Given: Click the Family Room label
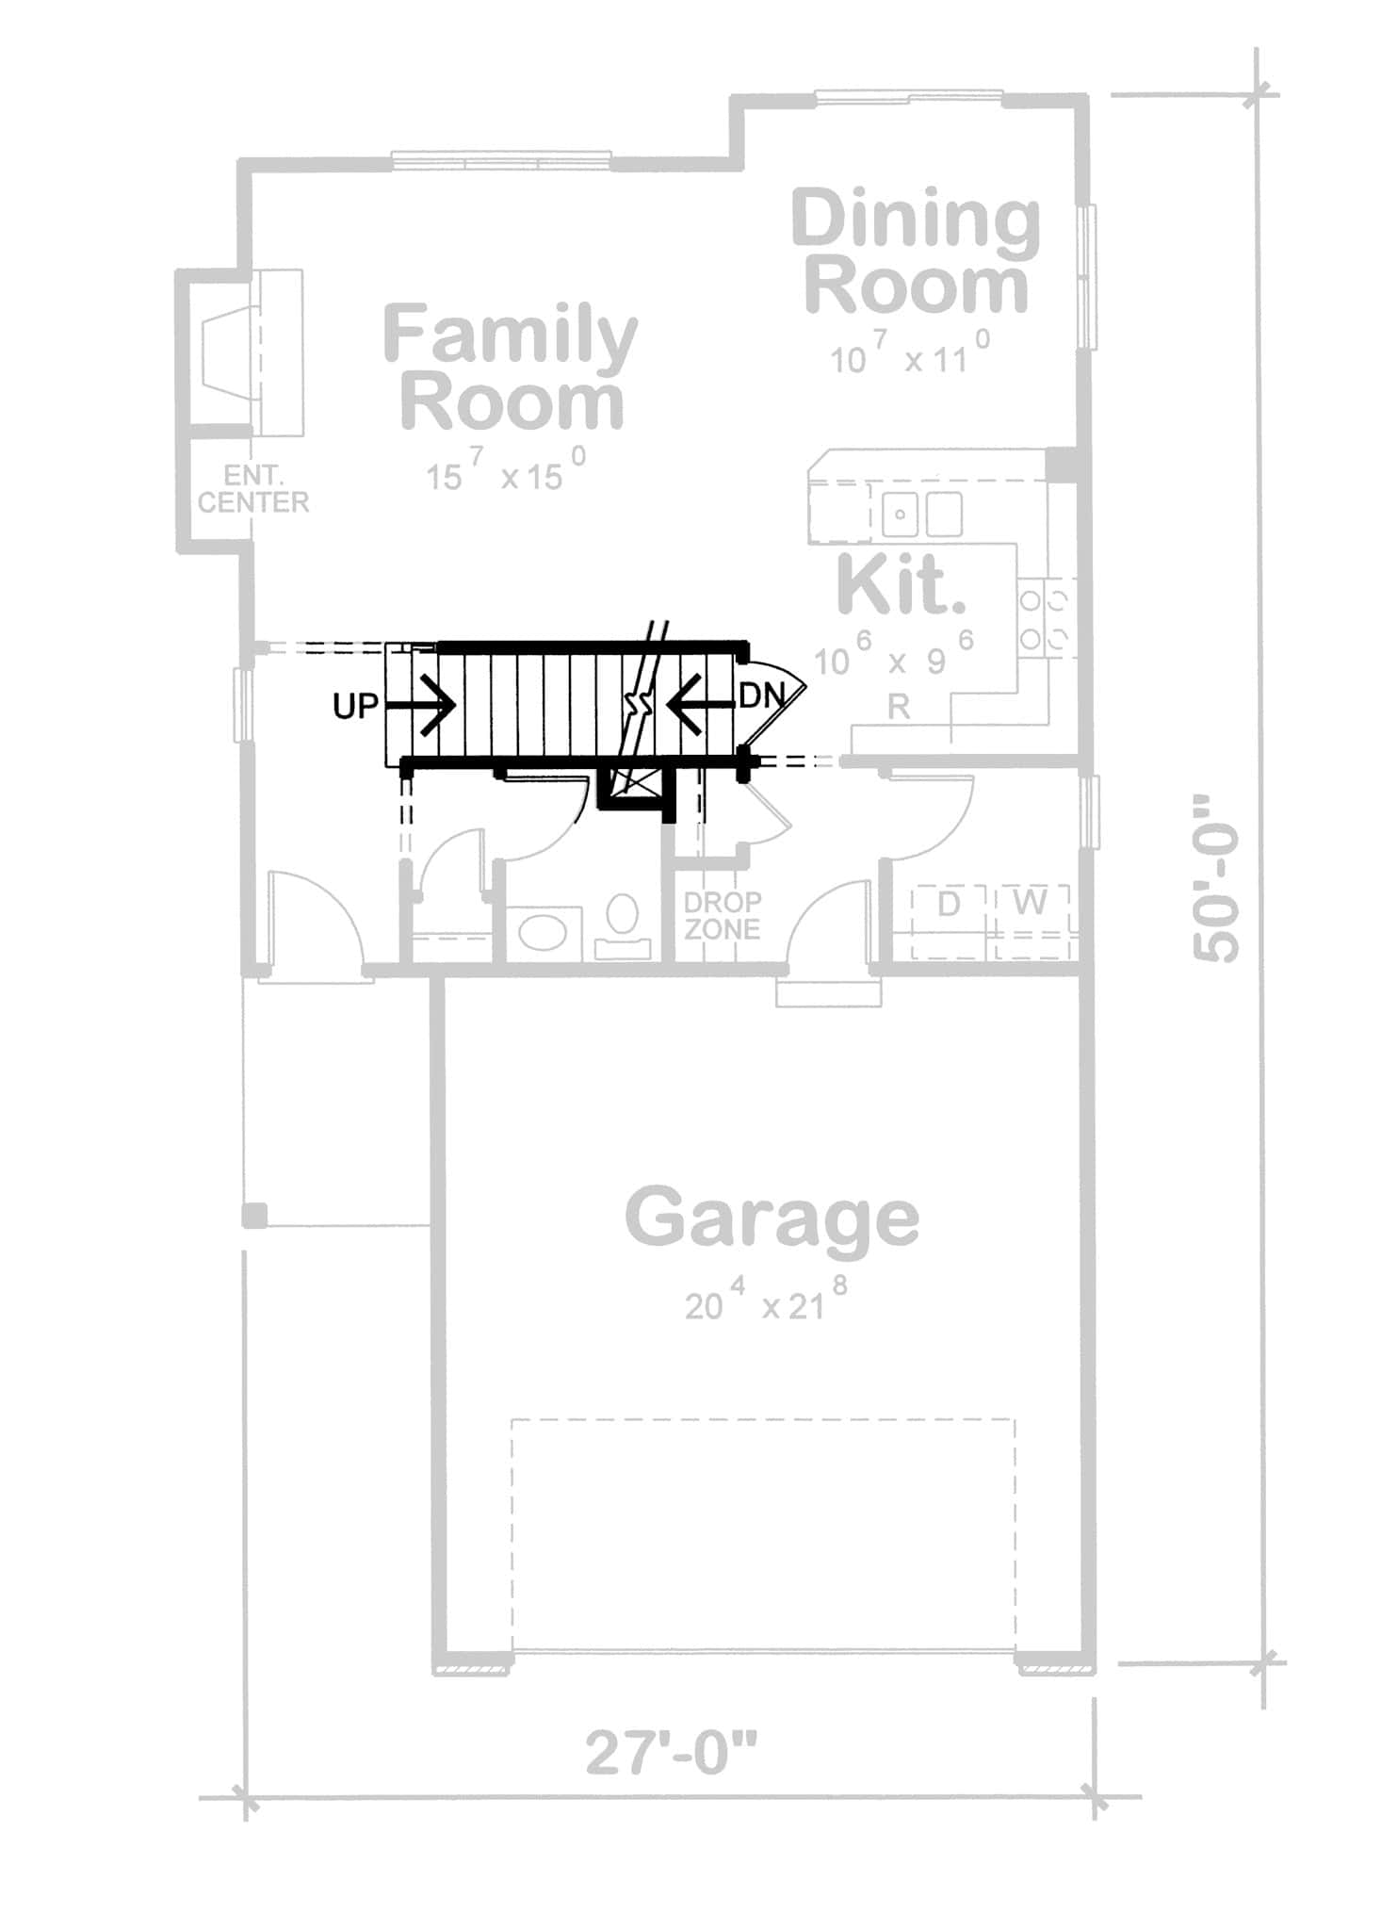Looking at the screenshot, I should point(511,368).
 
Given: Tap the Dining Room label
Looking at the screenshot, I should point(916,252).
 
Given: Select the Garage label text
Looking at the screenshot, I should point(772,1219).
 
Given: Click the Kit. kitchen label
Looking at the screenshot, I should point(901,586).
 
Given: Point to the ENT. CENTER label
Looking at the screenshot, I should point(252,489).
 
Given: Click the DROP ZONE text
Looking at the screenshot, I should point(722,915).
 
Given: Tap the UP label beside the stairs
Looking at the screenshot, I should point(355,706).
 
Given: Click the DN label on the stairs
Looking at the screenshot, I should point(761,696).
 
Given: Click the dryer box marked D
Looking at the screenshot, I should point(948,905).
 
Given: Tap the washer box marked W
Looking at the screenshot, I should point(1031,903).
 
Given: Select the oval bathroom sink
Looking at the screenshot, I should point(544,932).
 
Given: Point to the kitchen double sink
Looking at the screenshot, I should point(922,515).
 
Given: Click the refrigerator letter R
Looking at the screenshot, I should point(899,707).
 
